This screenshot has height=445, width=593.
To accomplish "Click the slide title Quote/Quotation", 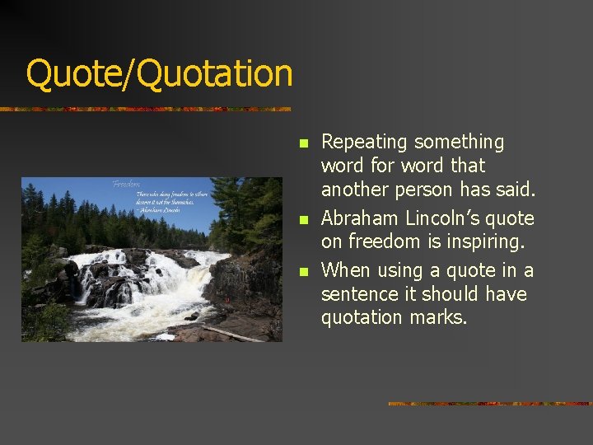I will point(159,73).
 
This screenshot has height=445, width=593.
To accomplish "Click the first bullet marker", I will point(303,143).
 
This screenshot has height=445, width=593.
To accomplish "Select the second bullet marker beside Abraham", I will point(303,220).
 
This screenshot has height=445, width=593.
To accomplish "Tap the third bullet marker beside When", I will point(303,271).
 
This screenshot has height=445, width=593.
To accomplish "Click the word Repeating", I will point(364,143).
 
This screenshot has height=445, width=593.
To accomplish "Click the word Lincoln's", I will point(431,219).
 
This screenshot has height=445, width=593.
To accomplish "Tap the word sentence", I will point(358,295).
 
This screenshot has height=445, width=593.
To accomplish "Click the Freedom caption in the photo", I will point(126,185).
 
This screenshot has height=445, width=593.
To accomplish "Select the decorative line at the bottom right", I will point(490,404).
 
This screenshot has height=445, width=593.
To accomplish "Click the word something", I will point(459,143).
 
